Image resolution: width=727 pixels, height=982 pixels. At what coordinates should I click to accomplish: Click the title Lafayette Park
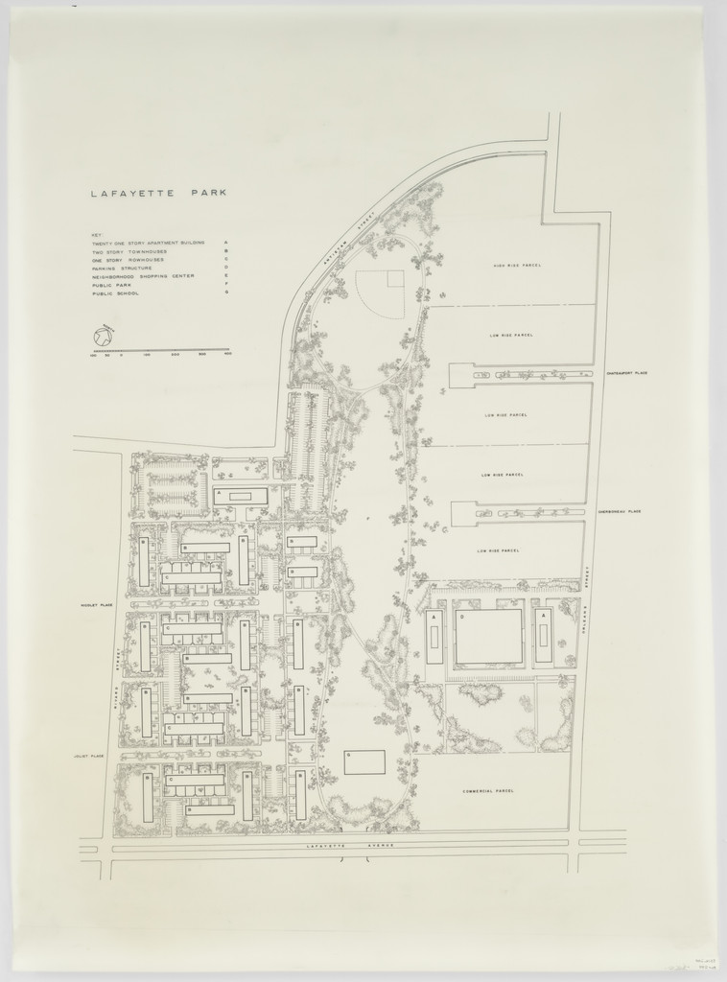[158, 193]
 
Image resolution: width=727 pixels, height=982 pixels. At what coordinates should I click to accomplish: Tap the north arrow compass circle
[103, 337]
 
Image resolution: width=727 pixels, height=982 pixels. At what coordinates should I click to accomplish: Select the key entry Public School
[114, 293]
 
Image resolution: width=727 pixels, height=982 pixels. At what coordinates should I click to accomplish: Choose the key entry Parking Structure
[124, 269]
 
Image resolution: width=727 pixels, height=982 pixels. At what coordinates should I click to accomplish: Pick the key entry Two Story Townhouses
[129, 252]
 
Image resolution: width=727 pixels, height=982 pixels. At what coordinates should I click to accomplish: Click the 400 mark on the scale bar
[228, 356]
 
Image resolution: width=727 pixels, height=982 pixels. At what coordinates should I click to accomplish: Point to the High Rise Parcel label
[513, 266]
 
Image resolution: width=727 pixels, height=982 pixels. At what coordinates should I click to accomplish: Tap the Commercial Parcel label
[487, 791]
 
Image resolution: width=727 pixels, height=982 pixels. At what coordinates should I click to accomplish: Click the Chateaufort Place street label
[627, 373]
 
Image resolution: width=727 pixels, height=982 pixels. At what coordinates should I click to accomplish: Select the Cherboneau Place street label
[621, 512]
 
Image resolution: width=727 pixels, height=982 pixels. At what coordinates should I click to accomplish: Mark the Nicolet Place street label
[98, 605]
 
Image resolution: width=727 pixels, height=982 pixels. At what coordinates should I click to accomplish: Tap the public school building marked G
[364, 762]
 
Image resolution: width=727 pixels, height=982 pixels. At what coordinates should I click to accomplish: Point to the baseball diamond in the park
[384, 292]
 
